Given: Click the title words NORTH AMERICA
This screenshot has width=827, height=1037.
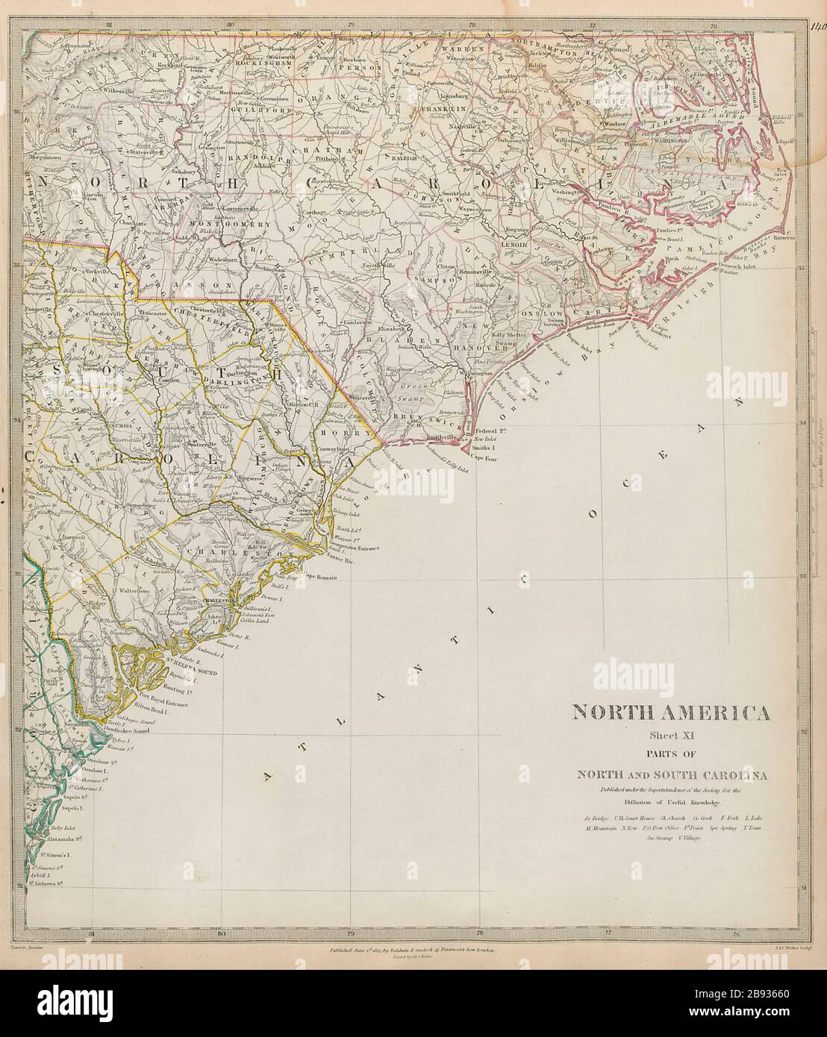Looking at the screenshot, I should point(671,713).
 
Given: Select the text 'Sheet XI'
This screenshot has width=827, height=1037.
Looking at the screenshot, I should point(671,736).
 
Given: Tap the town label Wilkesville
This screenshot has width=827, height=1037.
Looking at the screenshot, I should point(102,89).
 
